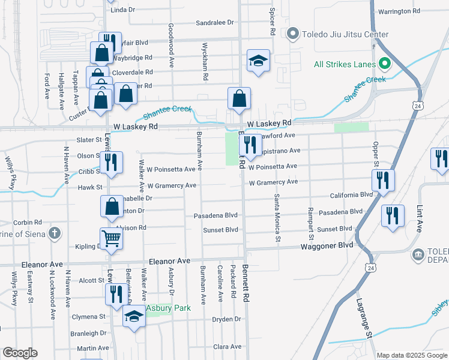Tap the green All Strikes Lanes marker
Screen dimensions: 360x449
click(x=382, y=64)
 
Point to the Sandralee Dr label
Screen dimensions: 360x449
click(x=214, y=23)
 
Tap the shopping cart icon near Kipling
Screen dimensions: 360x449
click(x=111, y=238)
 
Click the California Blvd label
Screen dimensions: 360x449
click(x=351, y=196)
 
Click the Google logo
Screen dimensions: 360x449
click(x=20, y=353)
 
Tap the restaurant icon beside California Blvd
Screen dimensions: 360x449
click(x=382, y=179)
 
